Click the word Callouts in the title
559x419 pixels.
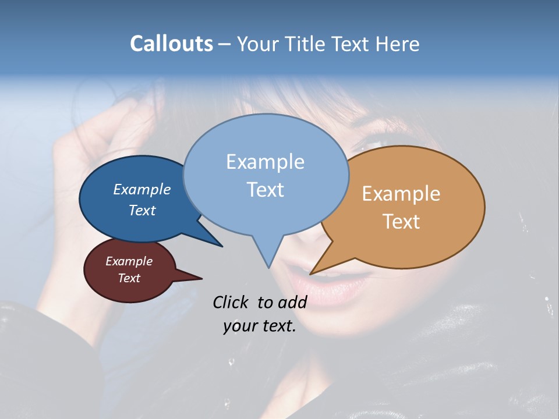point(171,44)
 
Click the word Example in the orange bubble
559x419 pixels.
point(401,194)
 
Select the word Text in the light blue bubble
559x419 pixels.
point(266,190)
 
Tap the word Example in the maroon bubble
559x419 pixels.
point(129,261)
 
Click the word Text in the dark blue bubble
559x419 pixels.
point(142,210)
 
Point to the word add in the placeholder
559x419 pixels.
point(292,302)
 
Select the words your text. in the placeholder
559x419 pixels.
point(260,326)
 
